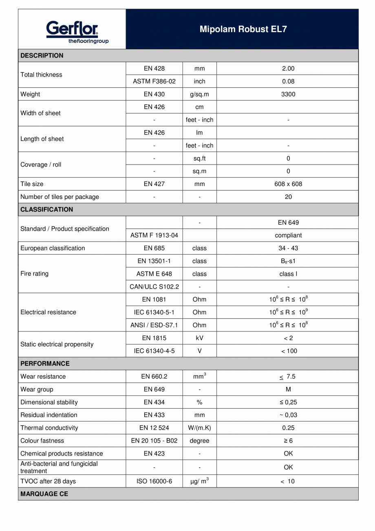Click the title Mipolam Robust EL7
pyautogui.click(x=243, y=29)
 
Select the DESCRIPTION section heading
pyautogui.click(x=42, y=56)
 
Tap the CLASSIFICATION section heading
pyautogui.click(x=47, y=209)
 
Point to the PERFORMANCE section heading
pyautogui.click(x=45, y=363)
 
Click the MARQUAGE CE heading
pyautogui.click(x=44, y=493)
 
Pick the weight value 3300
pyautogui.click(x=288, y=94)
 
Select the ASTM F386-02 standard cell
pyautogui.click(x=154, y=81)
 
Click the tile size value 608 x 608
pyautogui.click(x=288, y=184)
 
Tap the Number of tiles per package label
pyautogui.click(x=60, y=197)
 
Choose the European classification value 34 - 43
pyautogui.click(x=288, y=248)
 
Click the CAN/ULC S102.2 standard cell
pyautogui.click(x=154, y=287)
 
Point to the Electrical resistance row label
pyautogui.click(x=48, y=312)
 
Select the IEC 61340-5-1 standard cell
pyautogui.click(x=154, y=312)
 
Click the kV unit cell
pyautogui.click(x=199, y=338)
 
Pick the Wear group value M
pyautogui.click(x=288, y=389)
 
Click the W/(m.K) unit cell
pyautogui.click(x=199, y=428)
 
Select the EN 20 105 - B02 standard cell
pyautogui.click(x=154, y=441)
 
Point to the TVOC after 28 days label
pyautogui.click(x=48, y=481)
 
